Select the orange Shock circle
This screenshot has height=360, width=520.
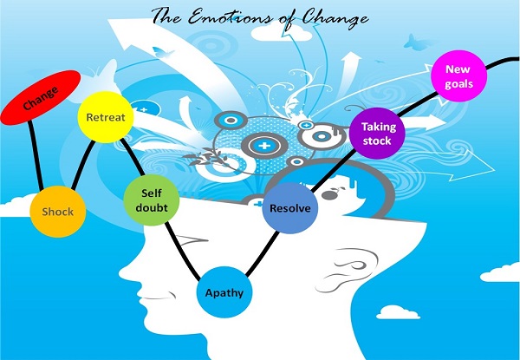point(58,211)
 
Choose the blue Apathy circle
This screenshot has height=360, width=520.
point(224,292)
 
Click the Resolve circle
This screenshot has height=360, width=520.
point(289,209)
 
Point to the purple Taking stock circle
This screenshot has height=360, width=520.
point(377,134)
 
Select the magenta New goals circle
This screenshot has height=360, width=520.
point(459,75)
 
